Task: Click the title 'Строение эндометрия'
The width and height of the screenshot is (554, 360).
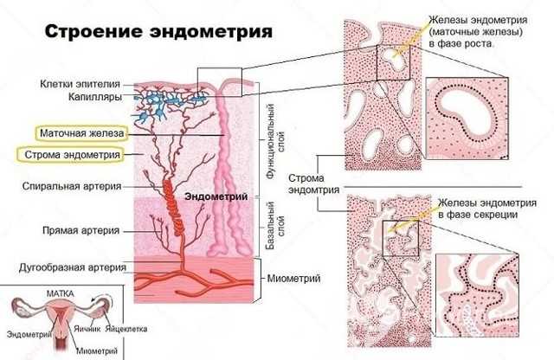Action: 158,31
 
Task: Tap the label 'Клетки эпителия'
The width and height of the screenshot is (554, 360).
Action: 80,84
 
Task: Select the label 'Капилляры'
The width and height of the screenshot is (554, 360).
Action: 95,96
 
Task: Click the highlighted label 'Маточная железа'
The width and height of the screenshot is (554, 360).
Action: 82,133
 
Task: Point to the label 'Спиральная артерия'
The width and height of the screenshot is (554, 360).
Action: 72,186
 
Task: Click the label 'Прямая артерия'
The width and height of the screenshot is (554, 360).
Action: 81,230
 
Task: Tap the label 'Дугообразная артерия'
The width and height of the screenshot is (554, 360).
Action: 73,267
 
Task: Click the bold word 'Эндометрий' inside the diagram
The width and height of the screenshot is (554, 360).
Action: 216,196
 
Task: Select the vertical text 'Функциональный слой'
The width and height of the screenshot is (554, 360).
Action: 276,141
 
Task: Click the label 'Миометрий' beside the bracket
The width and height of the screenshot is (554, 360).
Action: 293,279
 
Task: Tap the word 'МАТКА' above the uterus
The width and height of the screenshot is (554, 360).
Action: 61,293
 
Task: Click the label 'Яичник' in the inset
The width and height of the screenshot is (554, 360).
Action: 87,329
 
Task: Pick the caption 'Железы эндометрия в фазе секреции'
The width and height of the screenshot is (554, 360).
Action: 487,209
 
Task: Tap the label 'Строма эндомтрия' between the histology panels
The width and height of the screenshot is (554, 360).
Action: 313,183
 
